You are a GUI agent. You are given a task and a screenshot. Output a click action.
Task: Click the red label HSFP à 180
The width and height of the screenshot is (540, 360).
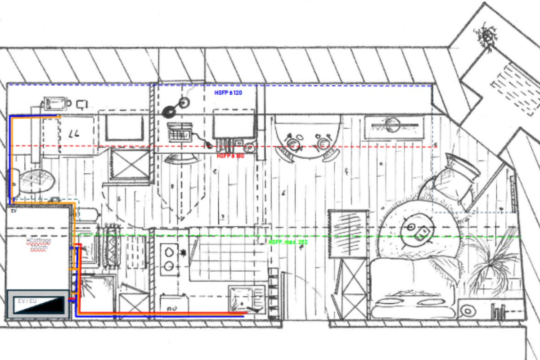(230, 156)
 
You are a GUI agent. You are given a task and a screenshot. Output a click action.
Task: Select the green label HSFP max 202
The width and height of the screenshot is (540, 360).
(288, 242)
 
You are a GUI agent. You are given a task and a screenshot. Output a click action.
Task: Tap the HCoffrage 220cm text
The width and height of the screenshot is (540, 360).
(39, 244)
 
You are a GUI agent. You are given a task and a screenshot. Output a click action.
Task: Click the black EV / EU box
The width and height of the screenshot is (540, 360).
(39, 305)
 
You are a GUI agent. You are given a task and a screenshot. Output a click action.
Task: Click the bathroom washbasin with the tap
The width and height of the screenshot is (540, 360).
(56, 104)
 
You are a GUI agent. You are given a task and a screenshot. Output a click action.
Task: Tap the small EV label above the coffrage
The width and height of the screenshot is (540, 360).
(13, 210)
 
